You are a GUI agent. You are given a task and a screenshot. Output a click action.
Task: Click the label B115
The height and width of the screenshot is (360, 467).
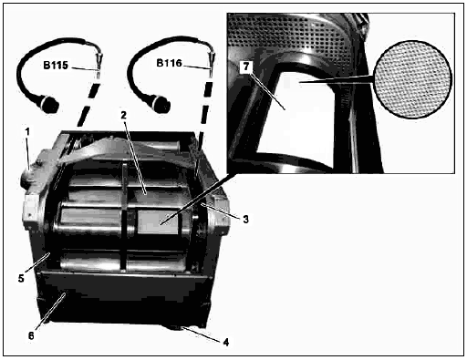(x=56, y=66)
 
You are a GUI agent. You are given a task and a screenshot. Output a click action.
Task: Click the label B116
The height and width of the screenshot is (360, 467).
(x=169, y=63)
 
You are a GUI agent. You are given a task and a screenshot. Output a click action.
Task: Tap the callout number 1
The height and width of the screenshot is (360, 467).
(x=27, y=132)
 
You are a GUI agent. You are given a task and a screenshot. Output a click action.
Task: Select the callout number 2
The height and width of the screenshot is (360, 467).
(x=123, y=116)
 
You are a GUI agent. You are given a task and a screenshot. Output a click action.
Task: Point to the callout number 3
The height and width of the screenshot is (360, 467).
(x=245, y=220)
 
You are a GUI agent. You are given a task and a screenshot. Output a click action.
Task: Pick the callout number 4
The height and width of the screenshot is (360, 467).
(x=225, y=343)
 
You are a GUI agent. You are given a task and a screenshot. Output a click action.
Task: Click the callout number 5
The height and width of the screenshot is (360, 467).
(x=21, y=278)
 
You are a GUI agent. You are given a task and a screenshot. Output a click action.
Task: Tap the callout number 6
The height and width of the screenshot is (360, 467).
(x=31, y=335)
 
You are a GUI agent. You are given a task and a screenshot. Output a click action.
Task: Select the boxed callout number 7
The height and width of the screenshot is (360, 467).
(x=246, y=67)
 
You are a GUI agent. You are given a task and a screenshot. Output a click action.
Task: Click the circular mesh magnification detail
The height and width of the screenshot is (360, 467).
(x=412, y=79)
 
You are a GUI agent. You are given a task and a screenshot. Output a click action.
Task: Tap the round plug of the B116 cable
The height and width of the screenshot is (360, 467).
(x=161, y=104)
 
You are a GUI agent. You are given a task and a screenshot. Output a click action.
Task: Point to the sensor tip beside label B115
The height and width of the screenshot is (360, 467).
(x=99, y=66)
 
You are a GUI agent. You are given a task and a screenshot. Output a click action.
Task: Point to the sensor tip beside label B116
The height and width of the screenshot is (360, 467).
(x=211, y=65)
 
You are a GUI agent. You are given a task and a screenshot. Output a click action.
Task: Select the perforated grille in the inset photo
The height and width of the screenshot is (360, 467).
(x=289, y=35)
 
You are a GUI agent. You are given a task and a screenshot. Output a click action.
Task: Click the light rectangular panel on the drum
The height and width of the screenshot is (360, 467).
(x=158, y=222)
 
